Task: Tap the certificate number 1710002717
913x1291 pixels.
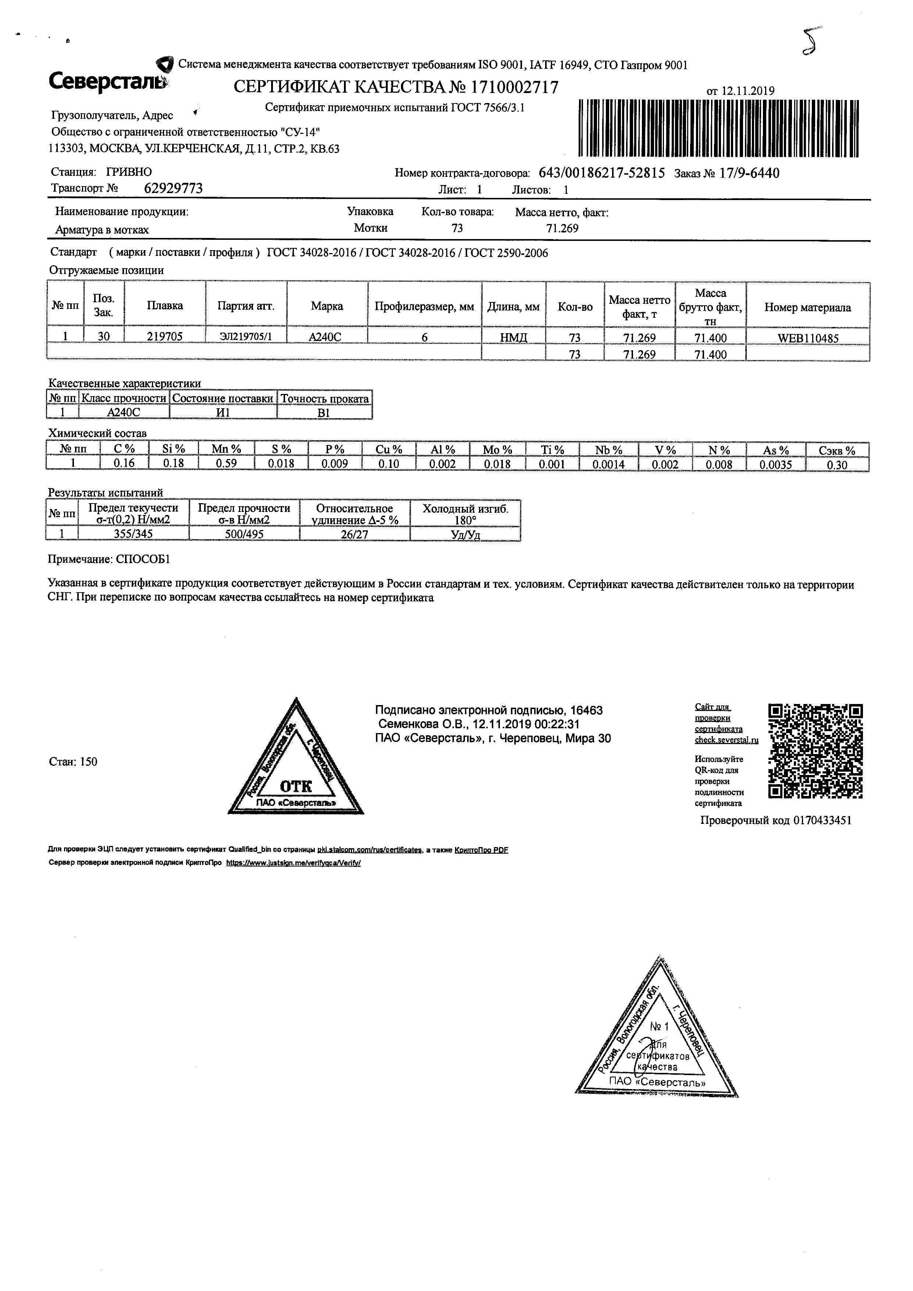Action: [x=514, y=87]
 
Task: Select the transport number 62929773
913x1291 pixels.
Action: [x=173, y=188]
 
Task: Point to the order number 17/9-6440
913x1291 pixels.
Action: [x=749, y=173]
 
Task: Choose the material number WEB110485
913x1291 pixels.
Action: [x=808, y=338]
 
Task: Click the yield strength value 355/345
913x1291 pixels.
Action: [x=133, y=534]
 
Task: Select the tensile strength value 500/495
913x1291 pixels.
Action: [x=244, y=534]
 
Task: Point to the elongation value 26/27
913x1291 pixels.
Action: [x=354, y=534]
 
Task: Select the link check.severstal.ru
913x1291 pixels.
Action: [x=727, y=740]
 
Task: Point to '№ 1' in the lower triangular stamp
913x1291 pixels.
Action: [x=660, y=1027]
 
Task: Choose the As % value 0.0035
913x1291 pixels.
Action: [x=775, y=465]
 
